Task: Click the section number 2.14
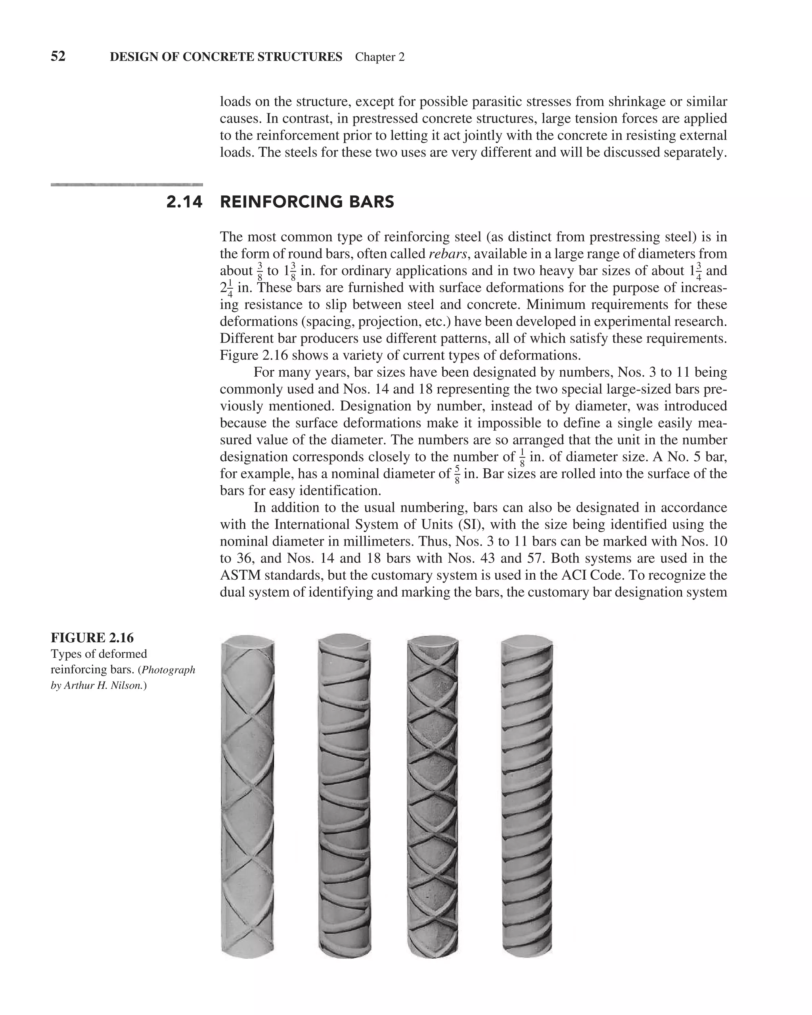pos(184,202)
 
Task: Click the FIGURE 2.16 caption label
pos(92,638)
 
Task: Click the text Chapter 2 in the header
pos(379,57)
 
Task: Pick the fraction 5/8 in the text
pos(457,475)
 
